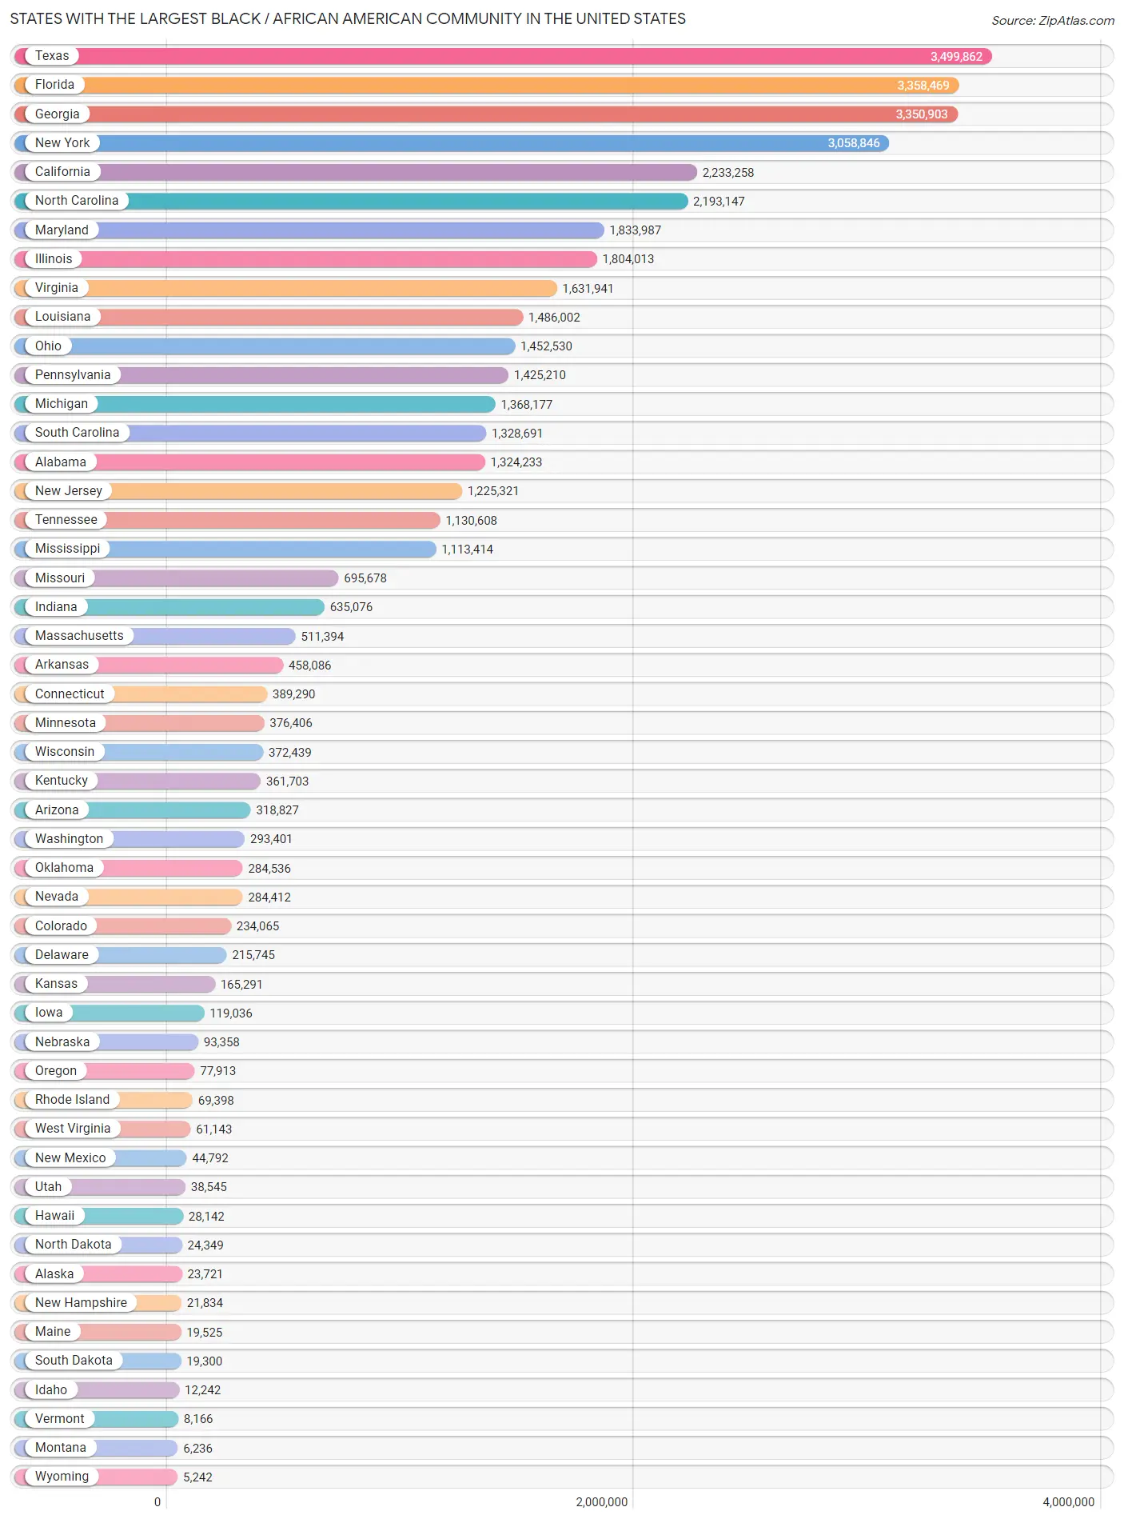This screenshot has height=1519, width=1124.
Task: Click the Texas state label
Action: pyautogui.click(x=52, y=56)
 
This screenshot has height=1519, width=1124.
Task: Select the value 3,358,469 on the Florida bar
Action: pyautogui.click(x=923, y=86)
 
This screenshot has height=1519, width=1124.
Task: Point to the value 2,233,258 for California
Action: pyautogui.click(x=727, y=173)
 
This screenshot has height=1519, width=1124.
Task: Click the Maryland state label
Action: pyautogui.click(x=62, y=230)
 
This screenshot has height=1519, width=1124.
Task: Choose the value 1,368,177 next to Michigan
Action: pyautogui.click(x=526, y=405)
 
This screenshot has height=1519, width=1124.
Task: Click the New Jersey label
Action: pyautogui.click(x=69, y=491)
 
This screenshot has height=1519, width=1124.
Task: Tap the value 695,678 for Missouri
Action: pyautogui.click(x=365, y=578)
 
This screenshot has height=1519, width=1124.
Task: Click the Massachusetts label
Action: pyautogui.click(x=79, y=636)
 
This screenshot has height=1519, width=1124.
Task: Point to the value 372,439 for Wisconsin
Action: pyautogui.click(x=289, y=753)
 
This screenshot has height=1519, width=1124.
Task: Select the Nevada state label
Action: pyautogui.click(x=57, y=897)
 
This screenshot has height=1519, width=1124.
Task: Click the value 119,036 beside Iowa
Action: pyautogui.click(x=230, y=1013)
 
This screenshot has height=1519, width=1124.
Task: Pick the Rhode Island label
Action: pyautogui.click(x=72, y=1100)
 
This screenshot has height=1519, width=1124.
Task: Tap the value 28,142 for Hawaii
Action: pyautogui.click(x=205, y=1217)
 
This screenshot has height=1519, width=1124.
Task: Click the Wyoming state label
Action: pyautogui.click(x=62, y=1477)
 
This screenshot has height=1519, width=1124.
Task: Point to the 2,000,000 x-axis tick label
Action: pyautogui.click(x=601, y=1502)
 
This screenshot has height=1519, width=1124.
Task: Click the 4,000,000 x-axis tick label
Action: pyautogui.click(x=1068, y=1502)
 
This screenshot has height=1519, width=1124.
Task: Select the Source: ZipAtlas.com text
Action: pyautogui.click(x=1052, y=21)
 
